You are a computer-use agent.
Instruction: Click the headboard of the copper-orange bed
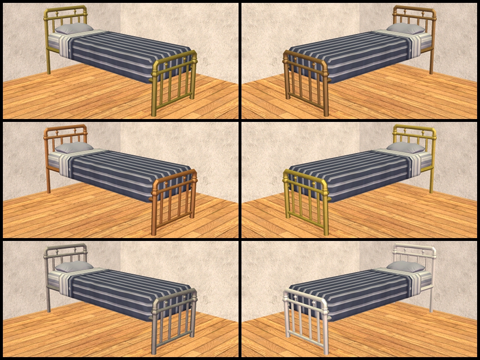65,134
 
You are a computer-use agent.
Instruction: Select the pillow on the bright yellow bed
406,147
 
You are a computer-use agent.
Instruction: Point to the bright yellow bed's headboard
414,134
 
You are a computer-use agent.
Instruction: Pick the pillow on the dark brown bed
406,28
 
